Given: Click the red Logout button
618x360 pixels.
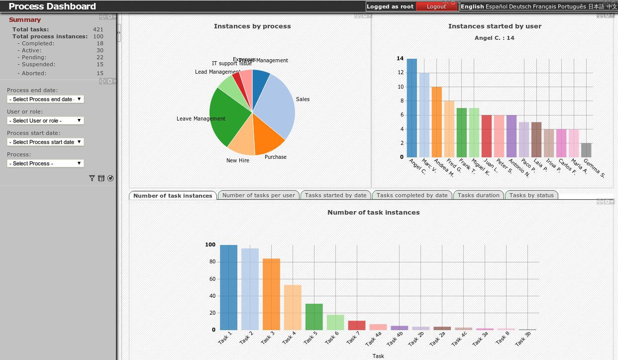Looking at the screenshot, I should tap(436, 6).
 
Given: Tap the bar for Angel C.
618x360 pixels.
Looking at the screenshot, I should tap(412, 108).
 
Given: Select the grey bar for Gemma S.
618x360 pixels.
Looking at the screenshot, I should tap(586, 150).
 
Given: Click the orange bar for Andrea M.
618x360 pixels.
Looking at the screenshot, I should tap(436, 122).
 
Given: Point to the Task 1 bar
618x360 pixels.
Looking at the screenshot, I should tap(228, 287).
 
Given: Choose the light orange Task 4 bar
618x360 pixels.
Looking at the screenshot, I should tap(293, 307).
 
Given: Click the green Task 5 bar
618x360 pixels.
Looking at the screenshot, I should tap(314, 317).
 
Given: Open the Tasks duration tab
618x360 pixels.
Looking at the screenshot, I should tap(478, 195).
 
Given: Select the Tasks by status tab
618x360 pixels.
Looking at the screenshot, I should tap(531, 195).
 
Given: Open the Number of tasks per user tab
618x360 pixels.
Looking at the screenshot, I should tap(258, 195).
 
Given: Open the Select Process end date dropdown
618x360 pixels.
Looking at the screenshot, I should tap(45, 99).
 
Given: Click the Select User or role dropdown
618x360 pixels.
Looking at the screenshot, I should tap(45, 120).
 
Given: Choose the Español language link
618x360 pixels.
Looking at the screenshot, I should tap(496, 6).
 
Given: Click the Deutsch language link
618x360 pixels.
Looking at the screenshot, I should tap(520, 6).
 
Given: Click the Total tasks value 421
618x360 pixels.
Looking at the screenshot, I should tap(98, 29).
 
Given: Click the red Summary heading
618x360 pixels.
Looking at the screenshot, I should tap(25, 20).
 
